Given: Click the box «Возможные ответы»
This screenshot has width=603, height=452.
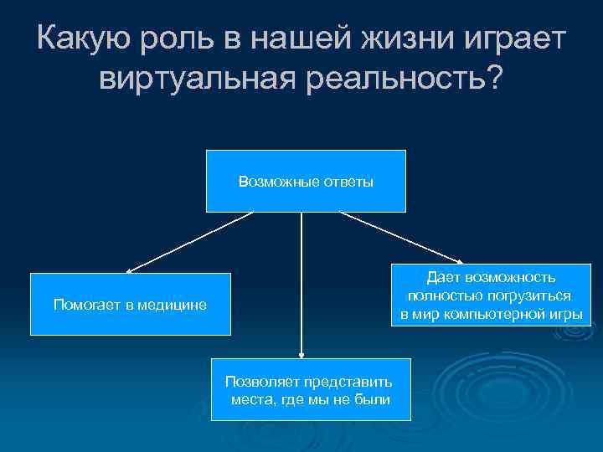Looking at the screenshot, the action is tap(306, 181).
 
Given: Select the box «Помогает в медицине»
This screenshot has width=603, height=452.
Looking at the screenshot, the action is tap(130, 304).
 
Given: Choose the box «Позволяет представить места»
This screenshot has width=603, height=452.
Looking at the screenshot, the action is tap(311, 389).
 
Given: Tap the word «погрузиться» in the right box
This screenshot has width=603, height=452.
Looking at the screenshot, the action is tap(529, 296).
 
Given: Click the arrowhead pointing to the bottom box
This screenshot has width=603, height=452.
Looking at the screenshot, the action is tap(301, 353).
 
